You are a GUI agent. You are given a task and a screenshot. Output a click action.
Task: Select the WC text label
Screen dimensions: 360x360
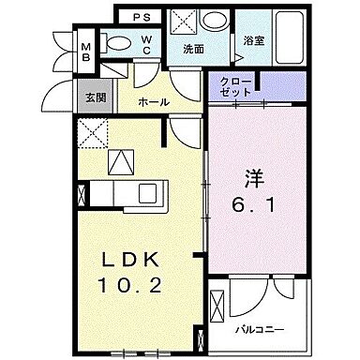(x=147, y=42)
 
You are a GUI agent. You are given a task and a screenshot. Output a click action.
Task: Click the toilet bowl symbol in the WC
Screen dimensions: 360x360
(x=118, y=42)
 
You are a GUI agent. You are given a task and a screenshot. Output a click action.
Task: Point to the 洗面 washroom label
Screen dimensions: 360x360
(x=194, y=48)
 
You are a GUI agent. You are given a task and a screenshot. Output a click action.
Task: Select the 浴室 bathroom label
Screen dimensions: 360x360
(x=252, y=42)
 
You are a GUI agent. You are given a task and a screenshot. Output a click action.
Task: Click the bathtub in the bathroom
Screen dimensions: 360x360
(x=280, y=37)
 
